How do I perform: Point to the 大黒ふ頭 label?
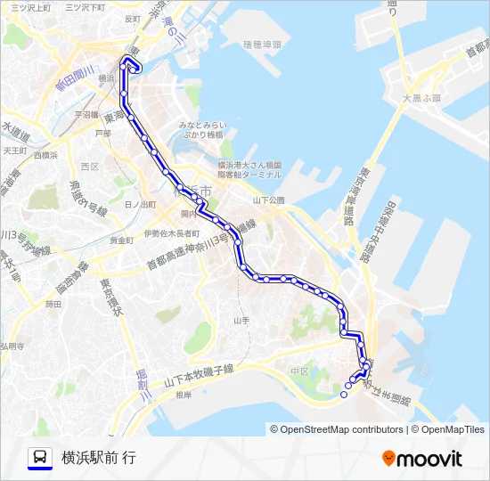point(421,98)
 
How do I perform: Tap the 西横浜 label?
point(45,155)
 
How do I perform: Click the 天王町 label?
point(15,151)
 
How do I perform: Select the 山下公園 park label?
point(267,200)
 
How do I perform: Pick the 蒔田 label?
point(53,305)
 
